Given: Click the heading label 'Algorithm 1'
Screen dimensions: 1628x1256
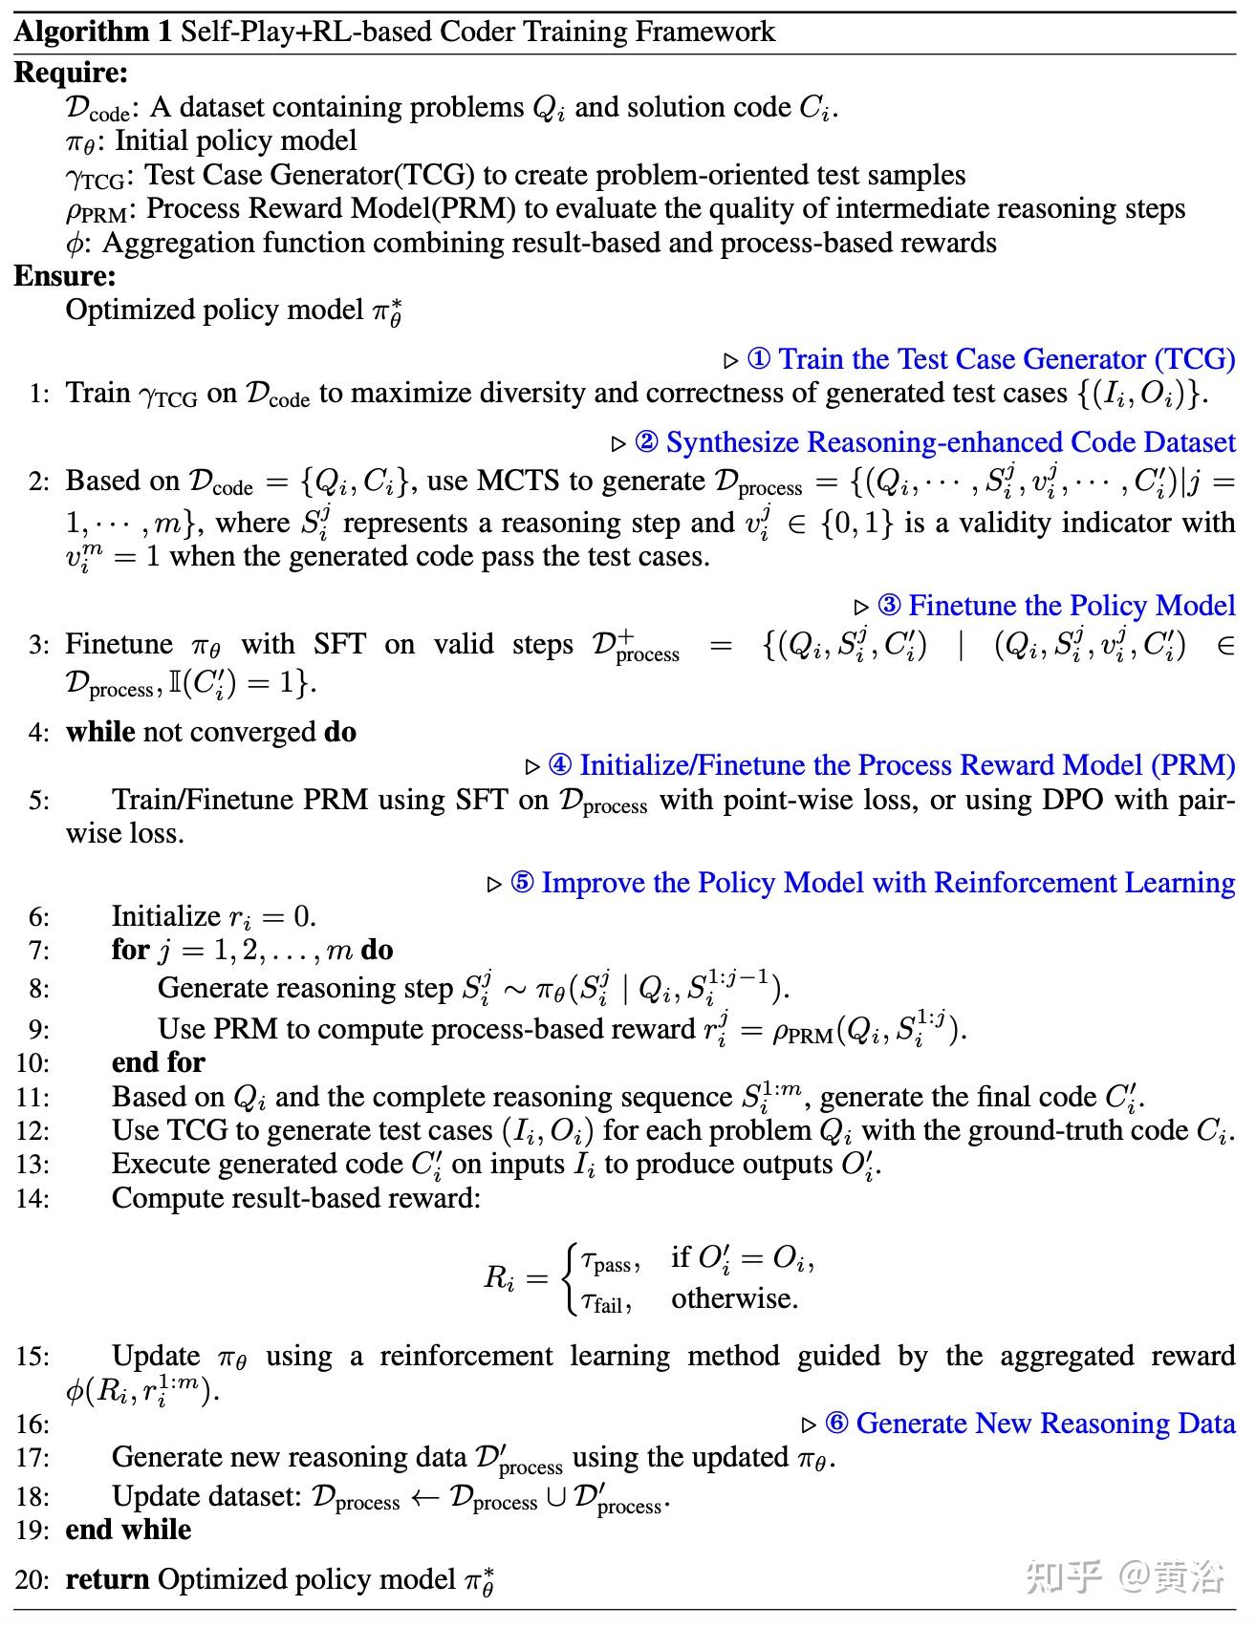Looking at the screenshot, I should pos(93,32).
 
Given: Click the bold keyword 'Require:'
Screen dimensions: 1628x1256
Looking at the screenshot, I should pos(71,73).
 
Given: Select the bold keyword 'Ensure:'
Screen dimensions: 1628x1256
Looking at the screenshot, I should pos(65,276).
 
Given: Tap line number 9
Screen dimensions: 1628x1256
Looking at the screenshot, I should pos(38,1030).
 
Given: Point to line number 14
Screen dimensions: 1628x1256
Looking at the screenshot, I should pos(32,1198).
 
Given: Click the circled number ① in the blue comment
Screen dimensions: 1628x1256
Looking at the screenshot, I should pos(758,359).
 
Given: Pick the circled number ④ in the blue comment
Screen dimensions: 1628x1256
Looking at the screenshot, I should pos(560,765).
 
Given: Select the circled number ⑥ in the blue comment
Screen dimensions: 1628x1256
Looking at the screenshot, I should pos(836,1424).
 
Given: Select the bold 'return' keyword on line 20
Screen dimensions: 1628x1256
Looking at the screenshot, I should pos(107,1579).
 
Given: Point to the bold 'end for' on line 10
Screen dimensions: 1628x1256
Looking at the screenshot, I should pos(159,1062).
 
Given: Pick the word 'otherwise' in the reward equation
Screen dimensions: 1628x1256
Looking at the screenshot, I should pos(734,1298).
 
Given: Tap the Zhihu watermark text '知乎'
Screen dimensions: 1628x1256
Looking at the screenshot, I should pos(1064,1576).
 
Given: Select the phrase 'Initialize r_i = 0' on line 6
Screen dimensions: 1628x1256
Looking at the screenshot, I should pos(213,916).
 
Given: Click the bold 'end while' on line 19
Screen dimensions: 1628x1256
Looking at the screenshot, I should pos(128,1530).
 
